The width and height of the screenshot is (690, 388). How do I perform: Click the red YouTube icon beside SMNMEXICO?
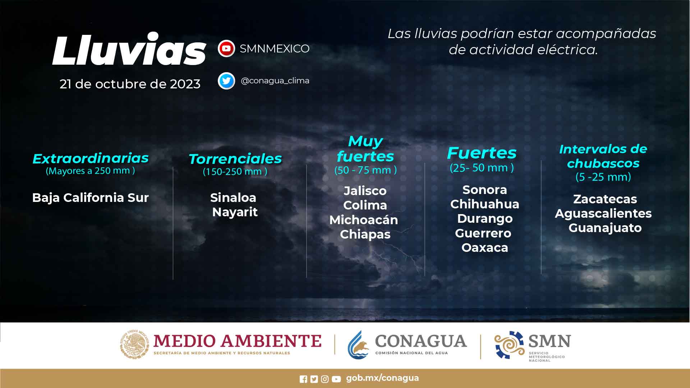click(226, 48)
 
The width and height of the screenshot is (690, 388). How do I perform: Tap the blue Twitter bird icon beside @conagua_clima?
click(226, 81)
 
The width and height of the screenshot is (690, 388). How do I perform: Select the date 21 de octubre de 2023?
click(130, 84)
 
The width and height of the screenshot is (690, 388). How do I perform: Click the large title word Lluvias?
click(129, 50)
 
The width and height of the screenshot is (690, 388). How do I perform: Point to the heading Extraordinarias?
click(91, 158)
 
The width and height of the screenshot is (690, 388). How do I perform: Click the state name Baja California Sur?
click(91, 198)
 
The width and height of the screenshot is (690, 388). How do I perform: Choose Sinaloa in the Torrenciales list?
click(233, 198)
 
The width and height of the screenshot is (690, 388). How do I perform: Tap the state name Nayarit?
click(235, 212)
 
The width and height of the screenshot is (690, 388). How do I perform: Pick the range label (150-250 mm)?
click(235, 171)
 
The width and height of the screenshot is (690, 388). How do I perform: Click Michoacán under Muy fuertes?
click(364, 220)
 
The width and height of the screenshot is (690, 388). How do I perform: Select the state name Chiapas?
click(365, 234)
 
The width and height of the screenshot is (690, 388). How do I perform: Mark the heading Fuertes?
click(482, 153)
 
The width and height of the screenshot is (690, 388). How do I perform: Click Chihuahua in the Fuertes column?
click(485, 204)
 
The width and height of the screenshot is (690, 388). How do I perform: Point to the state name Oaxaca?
click(485, 248)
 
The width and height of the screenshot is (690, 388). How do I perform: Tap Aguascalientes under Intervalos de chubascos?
click(603, 213)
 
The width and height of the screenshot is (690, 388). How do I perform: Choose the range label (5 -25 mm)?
click(603, 177)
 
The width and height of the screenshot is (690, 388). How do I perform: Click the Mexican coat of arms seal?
click(134, 344)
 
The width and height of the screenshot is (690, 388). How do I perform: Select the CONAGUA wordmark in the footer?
click(421, 341)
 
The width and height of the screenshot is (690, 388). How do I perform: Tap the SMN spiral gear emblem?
click(509, 345)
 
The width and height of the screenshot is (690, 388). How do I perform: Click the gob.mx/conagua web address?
click(382, 378)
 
